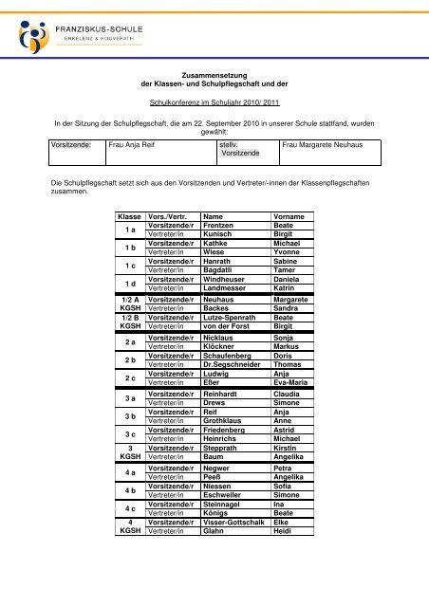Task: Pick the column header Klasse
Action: point(128,216)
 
